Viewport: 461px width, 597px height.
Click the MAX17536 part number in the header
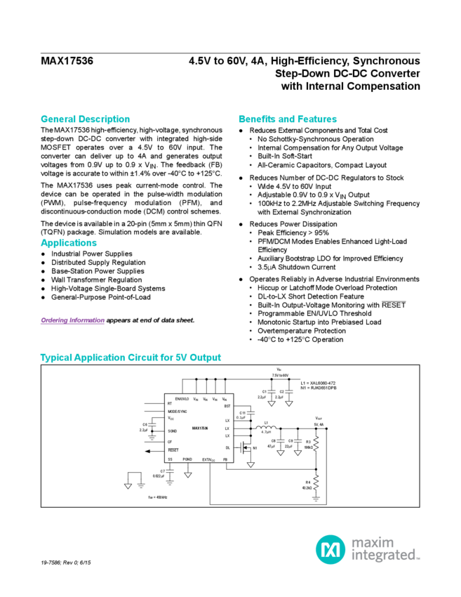click(x=67, y=61)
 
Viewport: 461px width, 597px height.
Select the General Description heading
click(x=85, y=119)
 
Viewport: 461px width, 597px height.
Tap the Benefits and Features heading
click(x=288, y=119)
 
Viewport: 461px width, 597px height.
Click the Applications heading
click(x=67, y=242)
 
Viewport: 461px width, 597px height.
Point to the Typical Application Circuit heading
click(x=131, y=357)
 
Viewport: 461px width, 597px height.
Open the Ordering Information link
click(x=72, y=320)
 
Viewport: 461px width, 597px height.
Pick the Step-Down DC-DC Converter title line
click(x=347, y=74)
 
